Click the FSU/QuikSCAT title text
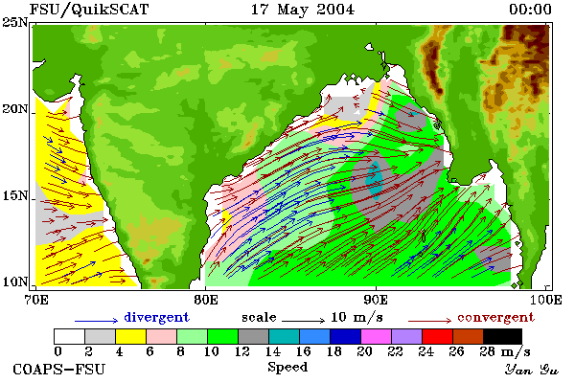click(89, 10)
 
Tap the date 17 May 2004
click(303, 10)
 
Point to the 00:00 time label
click(530, 10)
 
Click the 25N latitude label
click(15, 23)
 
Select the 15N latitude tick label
click(15, 195)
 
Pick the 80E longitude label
click(206, 300)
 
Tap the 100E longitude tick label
click(545, 300)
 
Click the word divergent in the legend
click(156, 317)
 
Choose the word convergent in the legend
click(495, 317)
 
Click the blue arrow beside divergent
click(97, 321)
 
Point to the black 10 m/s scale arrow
click(303, 321)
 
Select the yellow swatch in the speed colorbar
click(131, 336)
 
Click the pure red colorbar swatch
click(438, 336)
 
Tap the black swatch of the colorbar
click(502, 336)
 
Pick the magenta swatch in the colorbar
click(377, 336)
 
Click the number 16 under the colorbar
click(303, 351)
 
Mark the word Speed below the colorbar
click(287, 368)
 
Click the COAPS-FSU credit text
click(59, 369)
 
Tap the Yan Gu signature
click(532, 370)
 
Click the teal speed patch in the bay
click(375, 180)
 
